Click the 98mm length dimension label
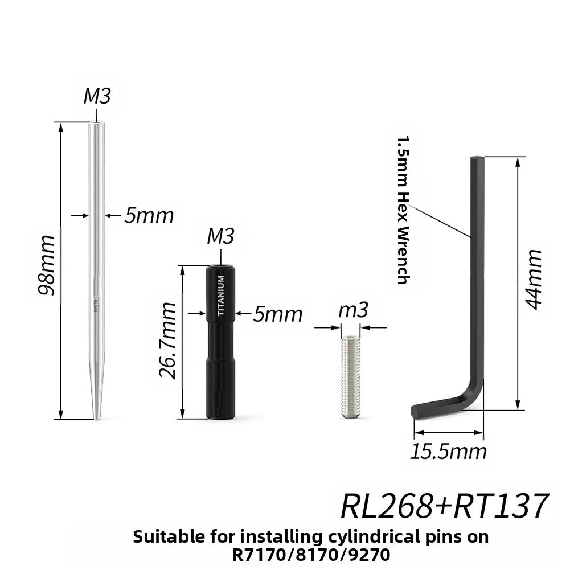[47, 265]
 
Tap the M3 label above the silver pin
[97, 96]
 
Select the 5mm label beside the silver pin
[149, 216]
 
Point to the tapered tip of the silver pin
[96, 419]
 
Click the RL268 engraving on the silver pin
[95, 306]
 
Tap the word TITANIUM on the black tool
[221, 296]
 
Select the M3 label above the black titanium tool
[221, 236]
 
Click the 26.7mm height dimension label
[167, 341]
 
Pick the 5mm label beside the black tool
[278, 314]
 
